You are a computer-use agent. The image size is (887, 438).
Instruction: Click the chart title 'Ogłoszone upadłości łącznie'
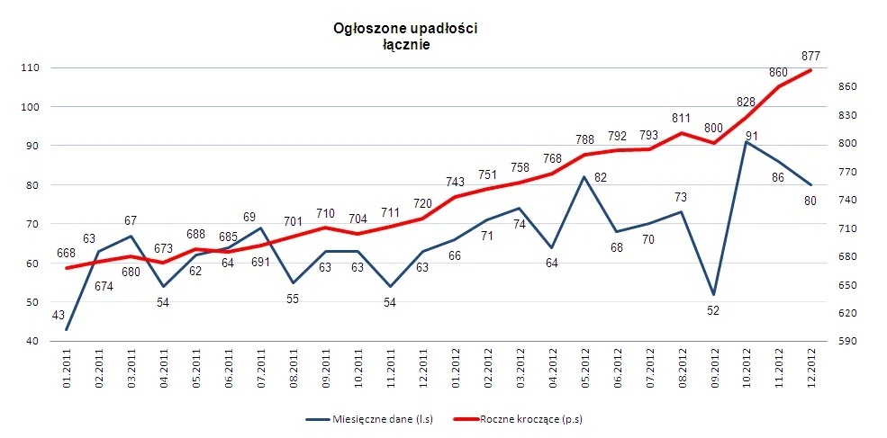[x=405, y=37]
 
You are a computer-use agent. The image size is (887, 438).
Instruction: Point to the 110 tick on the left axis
[x=31, y=68]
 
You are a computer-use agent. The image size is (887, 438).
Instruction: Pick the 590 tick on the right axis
[x=850, y=342]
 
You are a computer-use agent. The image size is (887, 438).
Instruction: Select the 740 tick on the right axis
[x=850, y=201]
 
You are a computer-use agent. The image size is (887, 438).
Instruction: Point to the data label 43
[x=58, y=316]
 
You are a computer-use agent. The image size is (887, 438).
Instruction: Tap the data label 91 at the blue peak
[x=751, y=137]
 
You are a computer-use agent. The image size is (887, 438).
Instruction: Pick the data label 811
[x=682, y=118]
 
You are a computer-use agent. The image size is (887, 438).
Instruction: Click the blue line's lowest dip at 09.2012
[x=714, y=294]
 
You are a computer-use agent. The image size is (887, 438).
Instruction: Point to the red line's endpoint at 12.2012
[x=811, y=70]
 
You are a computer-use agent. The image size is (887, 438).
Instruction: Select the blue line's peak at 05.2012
[x=584, y=177]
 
